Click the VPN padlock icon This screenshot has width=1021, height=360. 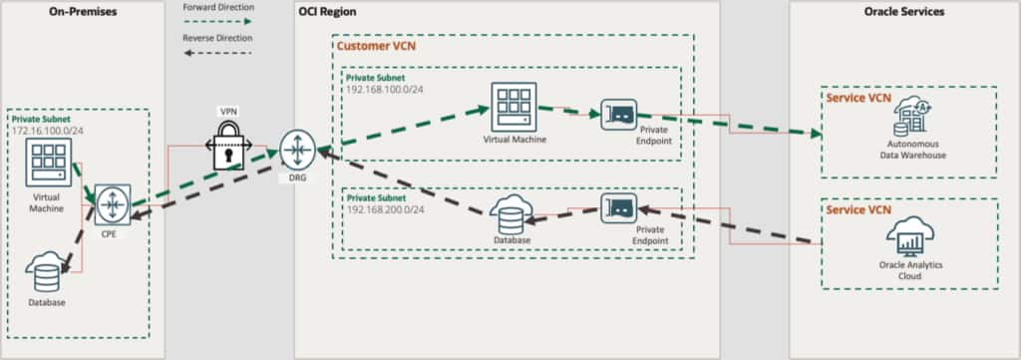[227, 147]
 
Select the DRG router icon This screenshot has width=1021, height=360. [296, 150]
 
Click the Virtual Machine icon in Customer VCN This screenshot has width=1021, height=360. [512, 105]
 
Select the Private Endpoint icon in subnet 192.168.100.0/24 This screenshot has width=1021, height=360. [619, 118]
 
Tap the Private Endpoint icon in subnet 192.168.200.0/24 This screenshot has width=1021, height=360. [619, 210]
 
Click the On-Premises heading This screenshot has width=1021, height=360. [82, 11]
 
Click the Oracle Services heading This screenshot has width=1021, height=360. [904, 11]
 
